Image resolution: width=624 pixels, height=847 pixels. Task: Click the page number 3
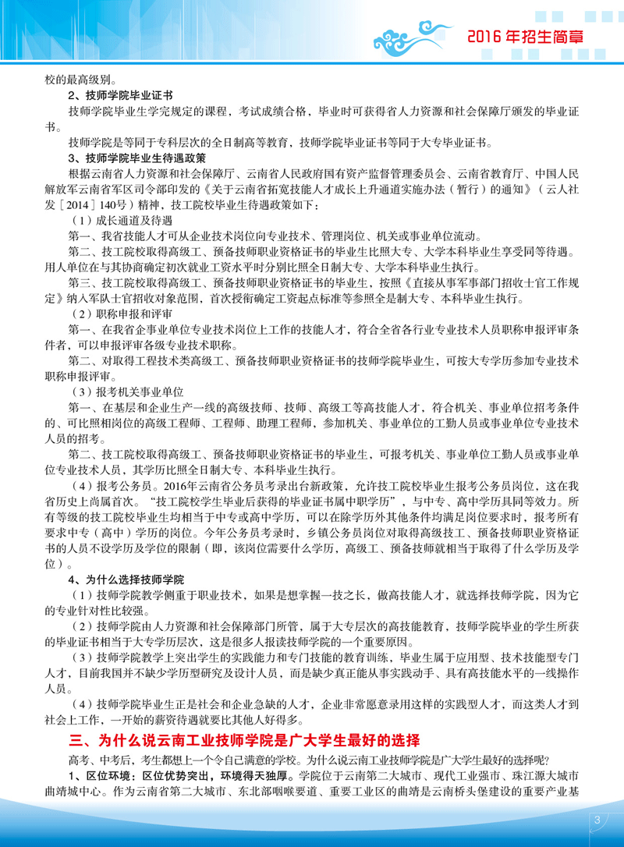(597, 820)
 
